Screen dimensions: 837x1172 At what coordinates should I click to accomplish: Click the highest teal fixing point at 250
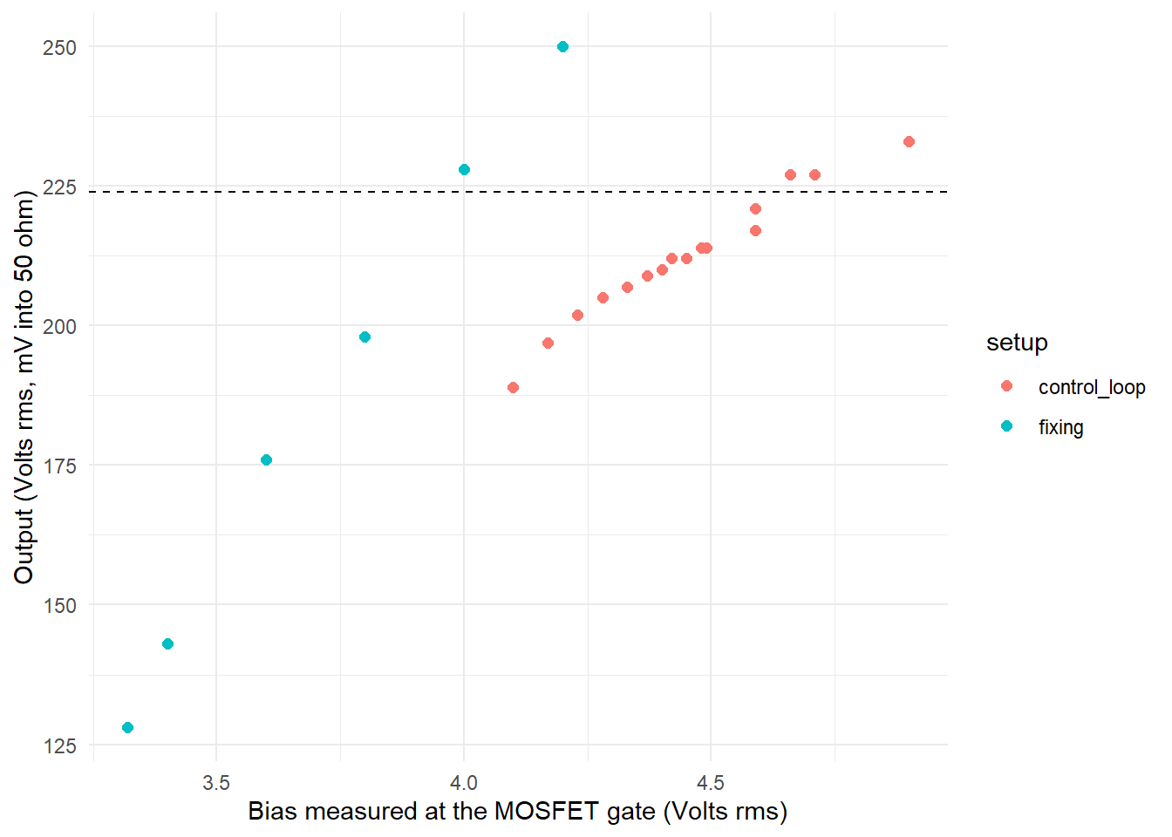tap(562, 47)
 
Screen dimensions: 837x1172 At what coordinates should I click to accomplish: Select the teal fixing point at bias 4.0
tap(464, 170)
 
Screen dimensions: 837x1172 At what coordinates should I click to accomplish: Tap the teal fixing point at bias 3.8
tap(365, 337)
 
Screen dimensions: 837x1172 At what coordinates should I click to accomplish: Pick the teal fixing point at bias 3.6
tap(266, 460)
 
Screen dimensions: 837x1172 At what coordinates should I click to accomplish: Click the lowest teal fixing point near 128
tap(127, 728)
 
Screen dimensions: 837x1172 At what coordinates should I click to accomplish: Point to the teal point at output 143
tap(167, 644)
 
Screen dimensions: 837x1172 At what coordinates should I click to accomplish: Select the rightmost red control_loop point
tap(909, 142)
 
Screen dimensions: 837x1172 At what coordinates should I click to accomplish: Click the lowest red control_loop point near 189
tap(513, 388)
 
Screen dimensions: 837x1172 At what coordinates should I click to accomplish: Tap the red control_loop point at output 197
tap(548, 344)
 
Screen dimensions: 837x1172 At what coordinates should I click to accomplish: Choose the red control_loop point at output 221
tap(755, 209)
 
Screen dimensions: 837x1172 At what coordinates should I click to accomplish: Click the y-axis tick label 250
tap(59, 48)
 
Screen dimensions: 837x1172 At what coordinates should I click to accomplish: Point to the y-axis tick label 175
tap(59, 466)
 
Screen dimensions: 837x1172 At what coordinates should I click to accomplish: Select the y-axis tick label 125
tap(59, 746)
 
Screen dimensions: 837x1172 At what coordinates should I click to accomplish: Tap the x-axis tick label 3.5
tap(216, 782)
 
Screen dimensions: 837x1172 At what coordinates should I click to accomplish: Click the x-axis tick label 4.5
tap(711, 782)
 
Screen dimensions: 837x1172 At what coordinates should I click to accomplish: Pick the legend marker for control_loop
tap(1007, 386)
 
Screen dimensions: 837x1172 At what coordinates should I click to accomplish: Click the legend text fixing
tap(1060, 427)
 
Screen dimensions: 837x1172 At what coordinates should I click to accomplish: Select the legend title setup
tap(1017, 343)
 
